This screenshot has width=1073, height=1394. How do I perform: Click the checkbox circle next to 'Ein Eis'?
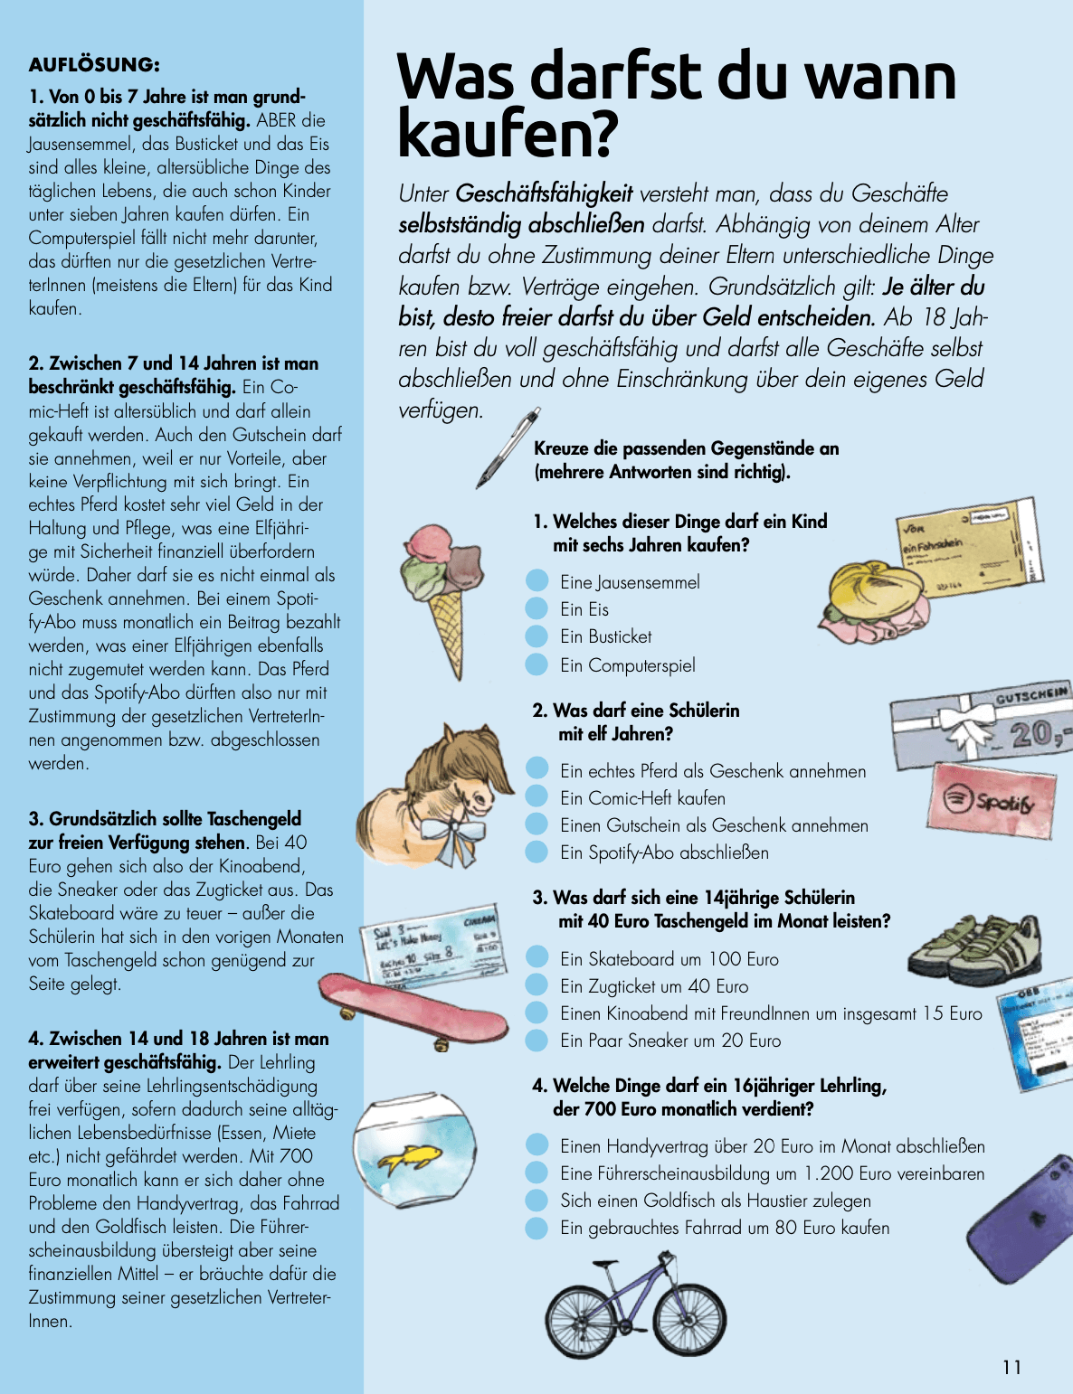click(536, 608)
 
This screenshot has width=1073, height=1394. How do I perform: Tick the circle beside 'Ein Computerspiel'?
click(536, 664)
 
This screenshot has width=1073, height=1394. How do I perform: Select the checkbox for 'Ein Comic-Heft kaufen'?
click(536, 796)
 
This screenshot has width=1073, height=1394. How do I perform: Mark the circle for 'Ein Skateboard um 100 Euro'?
click(536, 957)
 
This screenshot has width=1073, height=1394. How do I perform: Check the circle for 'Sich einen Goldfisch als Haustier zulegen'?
click(536, 1200)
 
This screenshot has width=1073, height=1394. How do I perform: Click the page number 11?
click(1011, 1367)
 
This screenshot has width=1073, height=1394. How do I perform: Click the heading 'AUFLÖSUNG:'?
click(94, 65)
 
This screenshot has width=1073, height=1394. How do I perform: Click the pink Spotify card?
click(992, 800)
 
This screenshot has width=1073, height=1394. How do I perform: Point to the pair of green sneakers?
click(977, 954)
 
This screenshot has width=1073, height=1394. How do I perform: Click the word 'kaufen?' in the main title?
click(507, 133)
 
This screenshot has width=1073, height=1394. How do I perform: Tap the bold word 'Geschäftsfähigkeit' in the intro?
click(544, 193)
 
